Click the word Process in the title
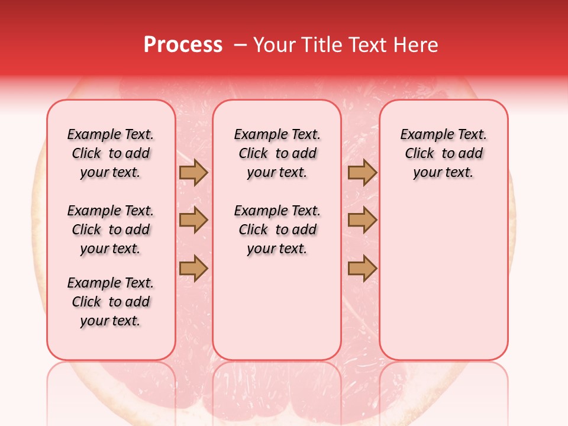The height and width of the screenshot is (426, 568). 183,45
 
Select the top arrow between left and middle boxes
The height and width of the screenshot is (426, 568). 193,173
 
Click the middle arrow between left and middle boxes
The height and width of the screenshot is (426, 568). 193,220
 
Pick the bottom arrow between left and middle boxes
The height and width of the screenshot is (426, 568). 193,269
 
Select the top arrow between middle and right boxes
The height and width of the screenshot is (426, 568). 362,173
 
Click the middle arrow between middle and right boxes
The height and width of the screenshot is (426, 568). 362,220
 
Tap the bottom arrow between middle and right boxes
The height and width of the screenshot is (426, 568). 362,269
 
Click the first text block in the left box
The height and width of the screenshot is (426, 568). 111,153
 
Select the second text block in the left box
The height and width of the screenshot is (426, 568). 111,230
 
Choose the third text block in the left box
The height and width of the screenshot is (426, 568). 111,302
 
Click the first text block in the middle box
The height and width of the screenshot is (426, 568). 277,153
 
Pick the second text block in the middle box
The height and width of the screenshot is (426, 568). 277,230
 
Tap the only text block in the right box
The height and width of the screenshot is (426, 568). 443,153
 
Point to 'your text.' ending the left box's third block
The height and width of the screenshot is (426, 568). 111,321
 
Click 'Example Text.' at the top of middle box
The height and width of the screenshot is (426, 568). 277,135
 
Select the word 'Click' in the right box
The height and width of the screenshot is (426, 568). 419,154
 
